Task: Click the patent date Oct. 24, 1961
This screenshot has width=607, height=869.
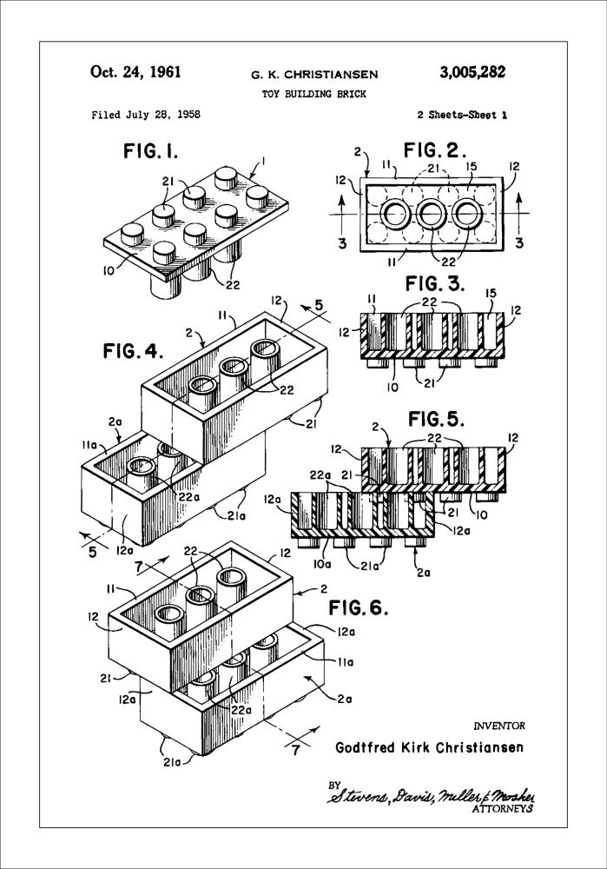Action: point(135,72)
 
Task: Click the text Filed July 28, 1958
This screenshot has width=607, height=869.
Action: point(145,115)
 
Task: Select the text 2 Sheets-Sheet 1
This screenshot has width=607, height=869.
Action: point(462,115)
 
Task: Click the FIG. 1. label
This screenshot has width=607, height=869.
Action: point(150,153)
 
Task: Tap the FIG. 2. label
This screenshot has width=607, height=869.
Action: point(441,149)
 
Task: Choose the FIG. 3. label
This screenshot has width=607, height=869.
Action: point(435,284)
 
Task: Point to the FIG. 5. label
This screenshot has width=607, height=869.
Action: point(435,419)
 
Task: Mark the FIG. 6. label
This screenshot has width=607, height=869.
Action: point(358,607)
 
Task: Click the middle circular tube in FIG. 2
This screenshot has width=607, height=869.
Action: point(433,213)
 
